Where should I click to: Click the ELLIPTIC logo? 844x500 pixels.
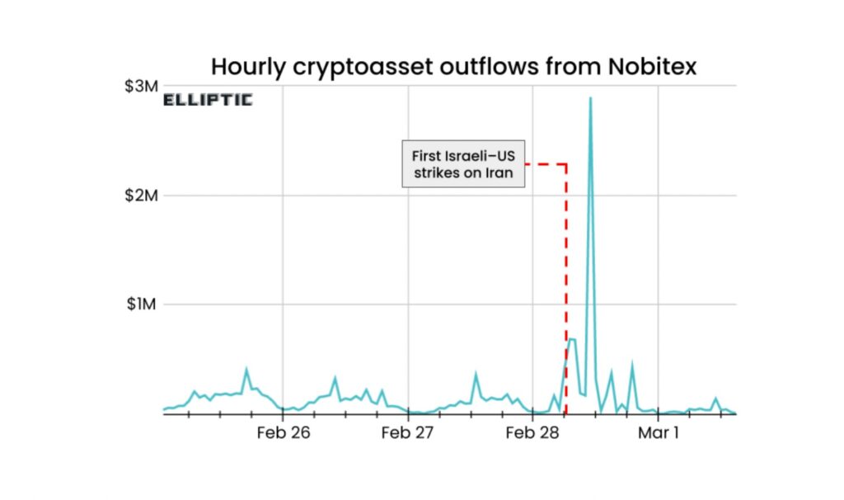(208, 101)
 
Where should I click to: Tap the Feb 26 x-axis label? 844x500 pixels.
(283, 432)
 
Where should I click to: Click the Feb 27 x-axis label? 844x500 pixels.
(408, 432)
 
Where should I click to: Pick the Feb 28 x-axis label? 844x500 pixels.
(532, 432)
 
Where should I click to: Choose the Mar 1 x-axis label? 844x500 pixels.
(658, 432)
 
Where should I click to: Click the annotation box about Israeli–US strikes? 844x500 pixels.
(462, 163)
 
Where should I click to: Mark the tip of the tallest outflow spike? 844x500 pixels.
(590, 98)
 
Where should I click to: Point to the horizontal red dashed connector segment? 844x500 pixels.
(545, 164)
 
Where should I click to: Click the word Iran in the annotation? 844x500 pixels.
(496, 172)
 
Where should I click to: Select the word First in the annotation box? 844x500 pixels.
(428, 155)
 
